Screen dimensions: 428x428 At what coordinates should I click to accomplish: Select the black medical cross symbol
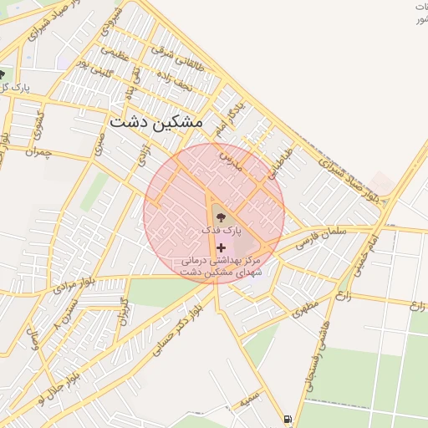tap(221, 247)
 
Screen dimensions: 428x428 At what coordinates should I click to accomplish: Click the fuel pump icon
tap(288, 419)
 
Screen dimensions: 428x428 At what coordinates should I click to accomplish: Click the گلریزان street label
tap(124, 311)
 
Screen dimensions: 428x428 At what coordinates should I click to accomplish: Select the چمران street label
tap(38, 154)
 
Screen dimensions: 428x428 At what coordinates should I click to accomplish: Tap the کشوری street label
tap(36, 127)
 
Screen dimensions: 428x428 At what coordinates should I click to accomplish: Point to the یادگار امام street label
tap(229, 118)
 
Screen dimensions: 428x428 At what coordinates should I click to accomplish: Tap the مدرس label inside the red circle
tap(230, 159)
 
